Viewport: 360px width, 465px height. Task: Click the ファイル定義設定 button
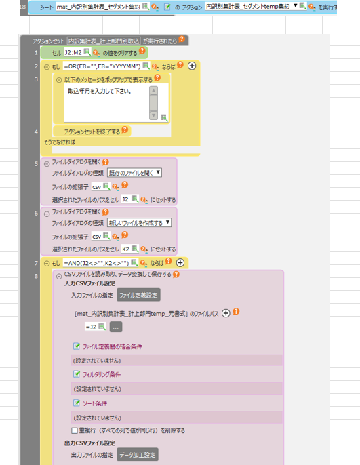coord(138,295)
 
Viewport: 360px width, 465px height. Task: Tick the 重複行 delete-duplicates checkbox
coord(75,430)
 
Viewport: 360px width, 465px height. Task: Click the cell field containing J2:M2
coord(73,52)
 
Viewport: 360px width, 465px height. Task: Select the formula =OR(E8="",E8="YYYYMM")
coord(102,66)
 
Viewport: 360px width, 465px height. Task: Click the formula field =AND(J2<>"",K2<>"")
coord(96,263)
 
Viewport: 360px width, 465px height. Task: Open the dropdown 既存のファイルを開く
coord(134,173)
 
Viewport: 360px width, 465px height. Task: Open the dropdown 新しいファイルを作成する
coord(139,222)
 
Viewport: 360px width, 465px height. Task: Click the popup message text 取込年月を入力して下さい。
coord(100,91)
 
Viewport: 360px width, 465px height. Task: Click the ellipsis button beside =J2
coord(116,327)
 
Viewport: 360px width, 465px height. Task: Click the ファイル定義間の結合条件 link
coord(113,346)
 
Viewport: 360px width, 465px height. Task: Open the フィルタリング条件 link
coord(102,374)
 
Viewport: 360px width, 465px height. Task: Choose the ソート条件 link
coord(95,403)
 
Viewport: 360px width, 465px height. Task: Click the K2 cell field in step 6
coord(125,249)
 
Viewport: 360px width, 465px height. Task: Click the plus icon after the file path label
coord(226,313)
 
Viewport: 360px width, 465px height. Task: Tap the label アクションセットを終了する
coord(92,132)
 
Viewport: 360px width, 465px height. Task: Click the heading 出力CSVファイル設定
coord(90,443)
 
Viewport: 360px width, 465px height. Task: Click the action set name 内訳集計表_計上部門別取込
coord(104,41)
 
